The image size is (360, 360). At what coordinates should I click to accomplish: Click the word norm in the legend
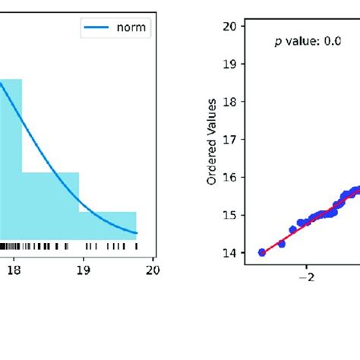pos(133,30)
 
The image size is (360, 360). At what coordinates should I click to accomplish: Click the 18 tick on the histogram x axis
pos(14,268)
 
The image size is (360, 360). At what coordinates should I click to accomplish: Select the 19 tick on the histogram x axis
pos(84,268)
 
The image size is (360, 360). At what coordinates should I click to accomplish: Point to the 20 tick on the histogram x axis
pos(153,268)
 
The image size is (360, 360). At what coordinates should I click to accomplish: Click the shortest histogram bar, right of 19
pos(108,226)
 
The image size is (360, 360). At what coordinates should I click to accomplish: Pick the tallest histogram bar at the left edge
pos(11,159)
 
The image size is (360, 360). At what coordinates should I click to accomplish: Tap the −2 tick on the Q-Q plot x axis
pos(307,277)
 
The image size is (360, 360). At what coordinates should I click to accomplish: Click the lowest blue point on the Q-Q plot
pos(262,252)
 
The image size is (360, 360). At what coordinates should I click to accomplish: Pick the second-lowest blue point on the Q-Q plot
pos(281,244)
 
